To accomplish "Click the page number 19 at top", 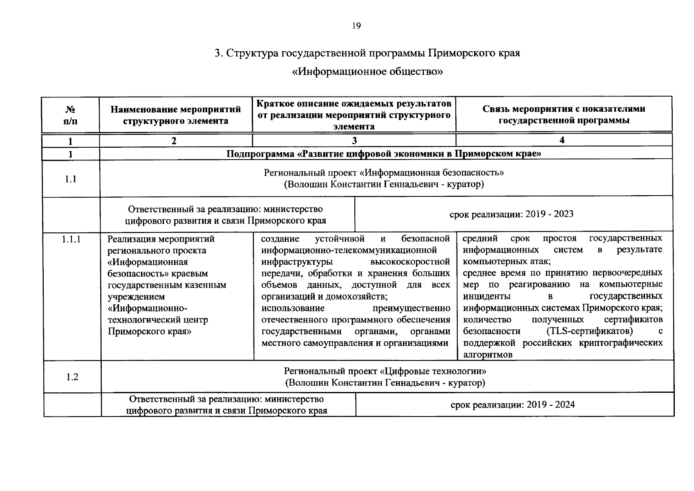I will (356, 26).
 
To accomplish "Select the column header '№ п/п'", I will (70, 115).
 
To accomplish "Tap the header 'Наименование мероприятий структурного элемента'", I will (176, 115).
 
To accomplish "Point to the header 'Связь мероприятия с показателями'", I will (564, 109).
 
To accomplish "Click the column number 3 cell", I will (354, 140).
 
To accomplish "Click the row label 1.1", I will (70, 179).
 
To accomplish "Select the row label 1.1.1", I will (72, 239).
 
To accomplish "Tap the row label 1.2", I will (72, 377).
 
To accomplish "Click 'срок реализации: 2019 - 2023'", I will (511, 214).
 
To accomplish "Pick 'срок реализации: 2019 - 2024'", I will (513, 405).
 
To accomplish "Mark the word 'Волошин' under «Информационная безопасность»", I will (307, 184).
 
